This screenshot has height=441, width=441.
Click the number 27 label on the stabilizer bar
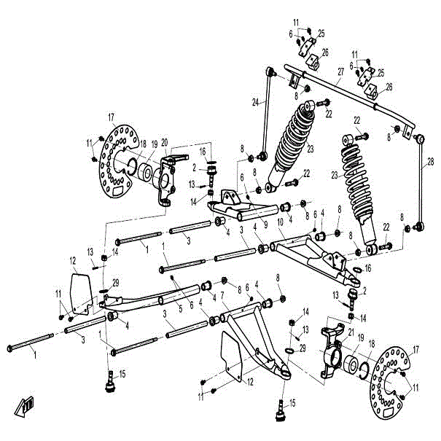[340, 73]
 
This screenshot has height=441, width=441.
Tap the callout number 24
[256, 103]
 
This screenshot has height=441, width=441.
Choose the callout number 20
[165, 142]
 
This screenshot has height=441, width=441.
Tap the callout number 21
[351, 332]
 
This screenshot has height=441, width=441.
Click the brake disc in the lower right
[387, 382]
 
